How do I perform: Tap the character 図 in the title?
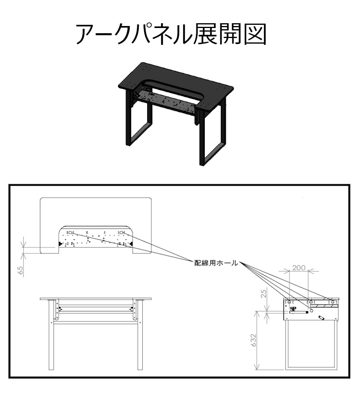[x=255, y=34]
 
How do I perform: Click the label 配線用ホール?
[x=216, y=263]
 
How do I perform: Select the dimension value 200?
[x=299, y=267]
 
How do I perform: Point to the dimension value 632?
[x=253, y=340]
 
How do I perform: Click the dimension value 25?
[x=263, y=293]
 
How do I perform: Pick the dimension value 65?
[x=20, y=270]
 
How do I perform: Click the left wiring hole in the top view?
[x=70, y=233]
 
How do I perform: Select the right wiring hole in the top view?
[x=122, y=233]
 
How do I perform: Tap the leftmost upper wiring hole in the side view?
[x=289, y=302]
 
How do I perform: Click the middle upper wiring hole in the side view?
[x=311, y=302]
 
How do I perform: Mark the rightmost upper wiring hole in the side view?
[x=332, y=302]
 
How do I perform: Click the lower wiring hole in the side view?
[x=311, y=311]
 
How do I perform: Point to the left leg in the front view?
[x=51, y=335]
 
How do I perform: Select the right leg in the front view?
[x=140, y=335]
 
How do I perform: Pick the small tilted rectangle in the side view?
[x=322, y=317]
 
